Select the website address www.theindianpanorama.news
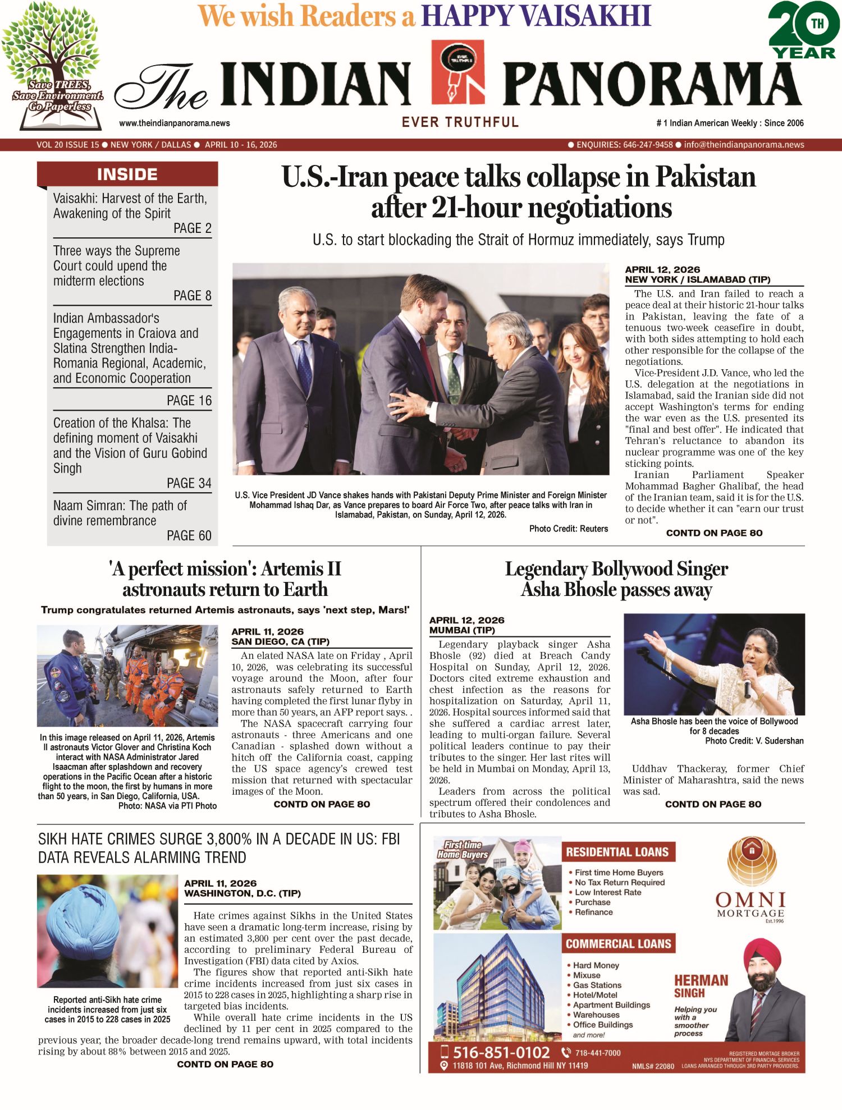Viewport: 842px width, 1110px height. point(175,123)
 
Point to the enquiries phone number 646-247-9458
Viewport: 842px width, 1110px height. point(648,145)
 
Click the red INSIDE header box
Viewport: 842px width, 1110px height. point(127,174)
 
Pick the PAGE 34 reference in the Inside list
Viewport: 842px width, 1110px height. point(189,483)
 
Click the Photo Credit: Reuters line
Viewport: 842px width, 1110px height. point(568,529)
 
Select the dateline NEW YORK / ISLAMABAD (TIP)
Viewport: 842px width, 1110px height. point(698,279)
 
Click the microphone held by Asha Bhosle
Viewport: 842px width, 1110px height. point(748,682)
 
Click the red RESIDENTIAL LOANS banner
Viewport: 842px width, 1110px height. point(617,852)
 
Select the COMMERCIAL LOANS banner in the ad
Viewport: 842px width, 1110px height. point(618,944)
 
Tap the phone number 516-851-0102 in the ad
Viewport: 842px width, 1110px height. point(501,1052)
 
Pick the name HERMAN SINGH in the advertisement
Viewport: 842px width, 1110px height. point(701,986)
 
